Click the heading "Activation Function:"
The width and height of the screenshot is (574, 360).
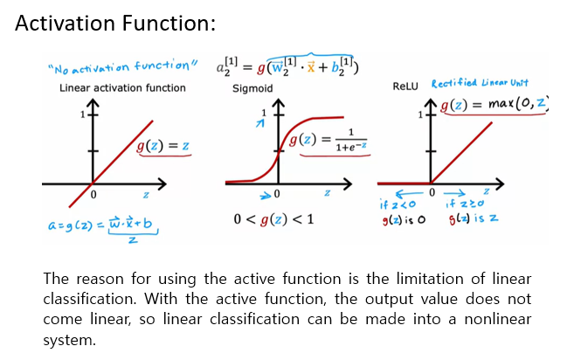coord(115,24)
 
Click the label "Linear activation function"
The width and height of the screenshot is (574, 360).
coord(122,87)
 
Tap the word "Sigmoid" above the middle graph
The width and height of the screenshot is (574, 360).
coord(252,88)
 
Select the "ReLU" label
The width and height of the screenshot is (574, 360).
coord(406,87)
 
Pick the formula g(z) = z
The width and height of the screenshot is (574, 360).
coord(164,145)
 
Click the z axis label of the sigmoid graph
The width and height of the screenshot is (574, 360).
coord(327,192)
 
